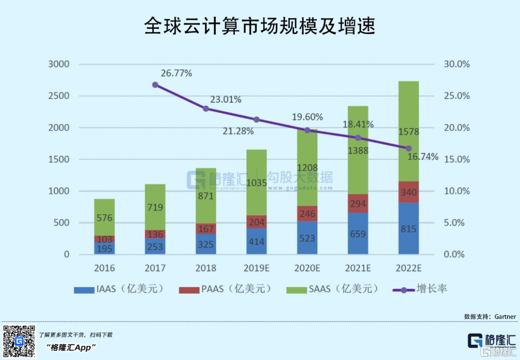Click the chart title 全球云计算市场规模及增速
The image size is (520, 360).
pos(260,26)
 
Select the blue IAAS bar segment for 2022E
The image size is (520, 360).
pos(408,229)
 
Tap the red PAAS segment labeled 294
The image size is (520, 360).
pos(358,204)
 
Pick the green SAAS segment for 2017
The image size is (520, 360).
pos(155,207)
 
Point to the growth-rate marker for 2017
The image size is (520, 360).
pos(155,85)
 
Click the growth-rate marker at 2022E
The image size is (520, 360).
pos(408,148)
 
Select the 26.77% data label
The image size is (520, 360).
pos(176,74)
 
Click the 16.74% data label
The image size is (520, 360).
pos(423,157)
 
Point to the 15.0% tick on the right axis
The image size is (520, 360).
pos(456,159)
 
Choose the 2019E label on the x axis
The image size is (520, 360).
pos(257,268)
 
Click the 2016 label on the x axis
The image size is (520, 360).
pos(104,268)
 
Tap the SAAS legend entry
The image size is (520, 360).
pos(332,289)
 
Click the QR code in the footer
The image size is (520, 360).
pos(19,341)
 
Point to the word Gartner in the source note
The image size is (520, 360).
pos(504,317)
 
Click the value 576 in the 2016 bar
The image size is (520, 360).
pos(104,218)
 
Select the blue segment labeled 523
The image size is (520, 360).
pos(307,238)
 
